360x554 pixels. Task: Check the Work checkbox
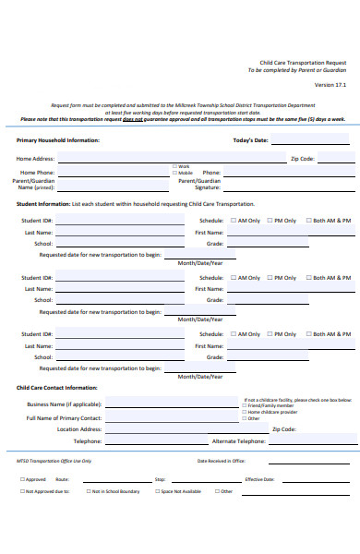[x=174, y=166]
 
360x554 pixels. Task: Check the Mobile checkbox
[x=174, y=173]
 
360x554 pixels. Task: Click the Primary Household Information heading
[x=57, y=140]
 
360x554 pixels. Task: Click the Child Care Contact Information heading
[x=56, y=388]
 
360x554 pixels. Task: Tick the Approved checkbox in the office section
[x=23, y=479]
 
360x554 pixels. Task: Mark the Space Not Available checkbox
[x=157, y=491]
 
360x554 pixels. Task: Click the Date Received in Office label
[x=221, y=460]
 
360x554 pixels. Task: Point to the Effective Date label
[x=259, y=479]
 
